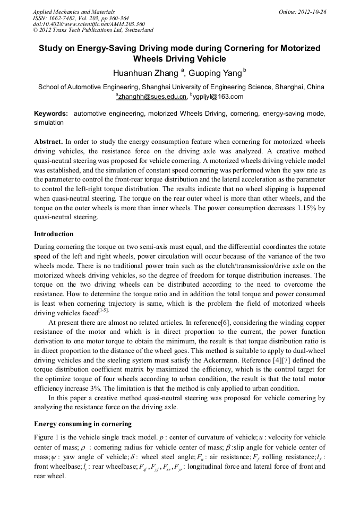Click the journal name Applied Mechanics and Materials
point(74,12)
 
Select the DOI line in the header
point(89,24)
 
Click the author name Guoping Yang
point(215,73)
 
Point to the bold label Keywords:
point(51,114)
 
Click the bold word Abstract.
point(48,142)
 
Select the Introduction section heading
point(54,234)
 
